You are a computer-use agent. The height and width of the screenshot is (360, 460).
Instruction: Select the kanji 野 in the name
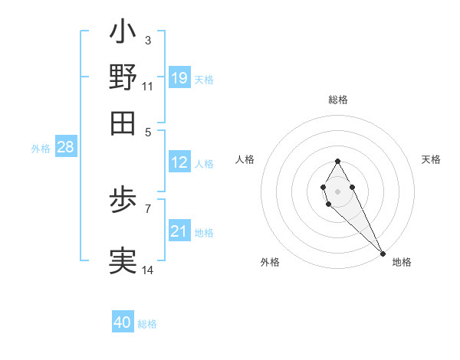(x=123, y=77)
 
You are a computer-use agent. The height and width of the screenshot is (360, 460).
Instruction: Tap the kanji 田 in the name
(x=123, y=122)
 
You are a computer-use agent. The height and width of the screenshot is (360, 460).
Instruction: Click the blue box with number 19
(x=179, y=78)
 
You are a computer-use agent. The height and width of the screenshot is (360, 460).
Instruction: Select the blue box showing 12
(x=179, y=162)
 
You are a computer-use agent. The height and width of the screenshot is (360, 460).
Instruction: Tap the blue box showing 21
(x=179, y=231)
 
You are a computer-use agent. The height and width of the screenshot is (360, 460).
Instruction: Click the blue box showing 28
(x=65, y=148)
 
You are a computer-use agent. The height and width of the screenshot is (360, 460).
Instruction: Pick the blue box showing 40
(x=123, y=322)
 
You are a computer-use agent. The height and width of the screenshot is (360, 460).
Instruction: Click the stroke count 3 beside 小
(x=147, y=40)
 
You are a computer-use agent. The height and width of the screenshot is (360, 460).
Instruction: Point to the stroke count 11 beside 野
(x=147, y=85)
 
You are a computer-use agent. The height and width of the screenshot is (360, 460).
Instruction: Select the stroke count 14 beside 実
(x=148, y=270)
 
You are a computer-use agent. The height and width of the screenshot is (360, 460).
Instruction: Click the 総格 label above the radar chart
(x=338, y=100)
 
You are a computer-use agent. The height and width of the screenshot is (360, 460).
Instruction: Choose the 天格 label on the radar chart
(x=431, y=159)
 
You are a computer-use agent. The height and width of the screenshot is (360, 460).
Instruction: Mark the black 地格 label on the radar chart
(x=402, y=262)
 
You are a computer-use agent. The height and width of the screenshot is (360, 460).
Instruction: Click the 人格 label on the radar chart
(x=245, y=159)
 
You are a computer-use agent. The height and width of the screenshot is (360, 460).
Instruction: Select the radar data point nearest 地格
(x=383, y=253)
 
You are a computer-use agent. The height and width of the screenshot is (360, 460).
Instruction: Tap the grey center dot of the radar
(x=337, y=191)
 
